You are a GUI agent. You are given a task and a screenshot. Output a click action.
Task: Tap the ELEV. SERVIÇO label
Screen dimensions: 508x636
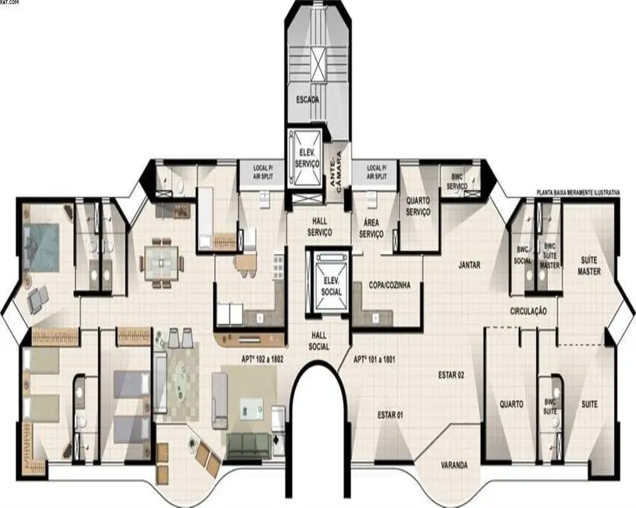[306, 159]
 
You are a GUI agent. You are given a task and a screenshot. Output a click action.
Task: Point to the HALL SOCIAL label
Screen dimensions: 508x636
[318, 342]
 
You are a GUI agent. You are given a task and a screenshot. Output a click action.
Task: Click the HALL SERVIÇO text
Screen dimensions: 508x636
[320, 227]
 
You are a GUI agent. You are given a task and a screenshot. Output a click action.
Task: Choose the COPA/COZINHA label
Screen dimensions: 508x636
[385, 286]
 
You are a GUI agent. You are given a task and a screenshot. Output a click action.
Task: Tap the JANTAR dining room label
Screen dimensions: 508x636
[469, 265]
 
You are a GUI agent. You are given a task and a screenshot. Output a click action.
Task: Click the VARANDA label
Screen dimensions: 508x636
[454, 465]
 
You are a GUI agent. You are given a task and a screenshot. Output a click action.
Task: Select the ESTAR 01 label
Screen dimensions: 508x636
[389, 413]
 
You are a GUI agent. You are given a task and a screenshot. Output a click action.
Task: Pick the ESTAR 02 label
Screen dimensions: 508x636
[451, 376]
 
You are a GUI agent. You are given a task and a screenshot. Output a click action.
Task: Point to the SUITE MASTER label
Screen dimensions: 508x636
[589, 266]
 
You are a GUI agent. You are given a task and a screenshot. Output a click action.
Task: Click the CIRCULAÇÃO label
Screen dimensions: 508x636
[528, 311]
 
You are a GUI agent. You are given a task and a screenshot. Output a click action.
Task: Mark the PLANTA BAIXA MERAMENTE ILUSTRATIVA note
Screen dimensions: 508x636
[578, 192]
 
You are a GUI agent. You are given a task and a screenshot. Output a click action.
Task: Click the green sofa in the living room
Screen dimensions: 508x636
[248, 444]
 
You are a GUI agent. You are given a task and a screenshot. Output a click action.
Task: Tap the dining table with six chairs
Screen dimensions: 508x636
[160, 259]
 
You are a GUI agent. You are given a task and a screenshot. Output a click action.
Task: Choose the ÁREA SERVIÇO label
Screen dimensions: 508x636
[371, 227]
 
